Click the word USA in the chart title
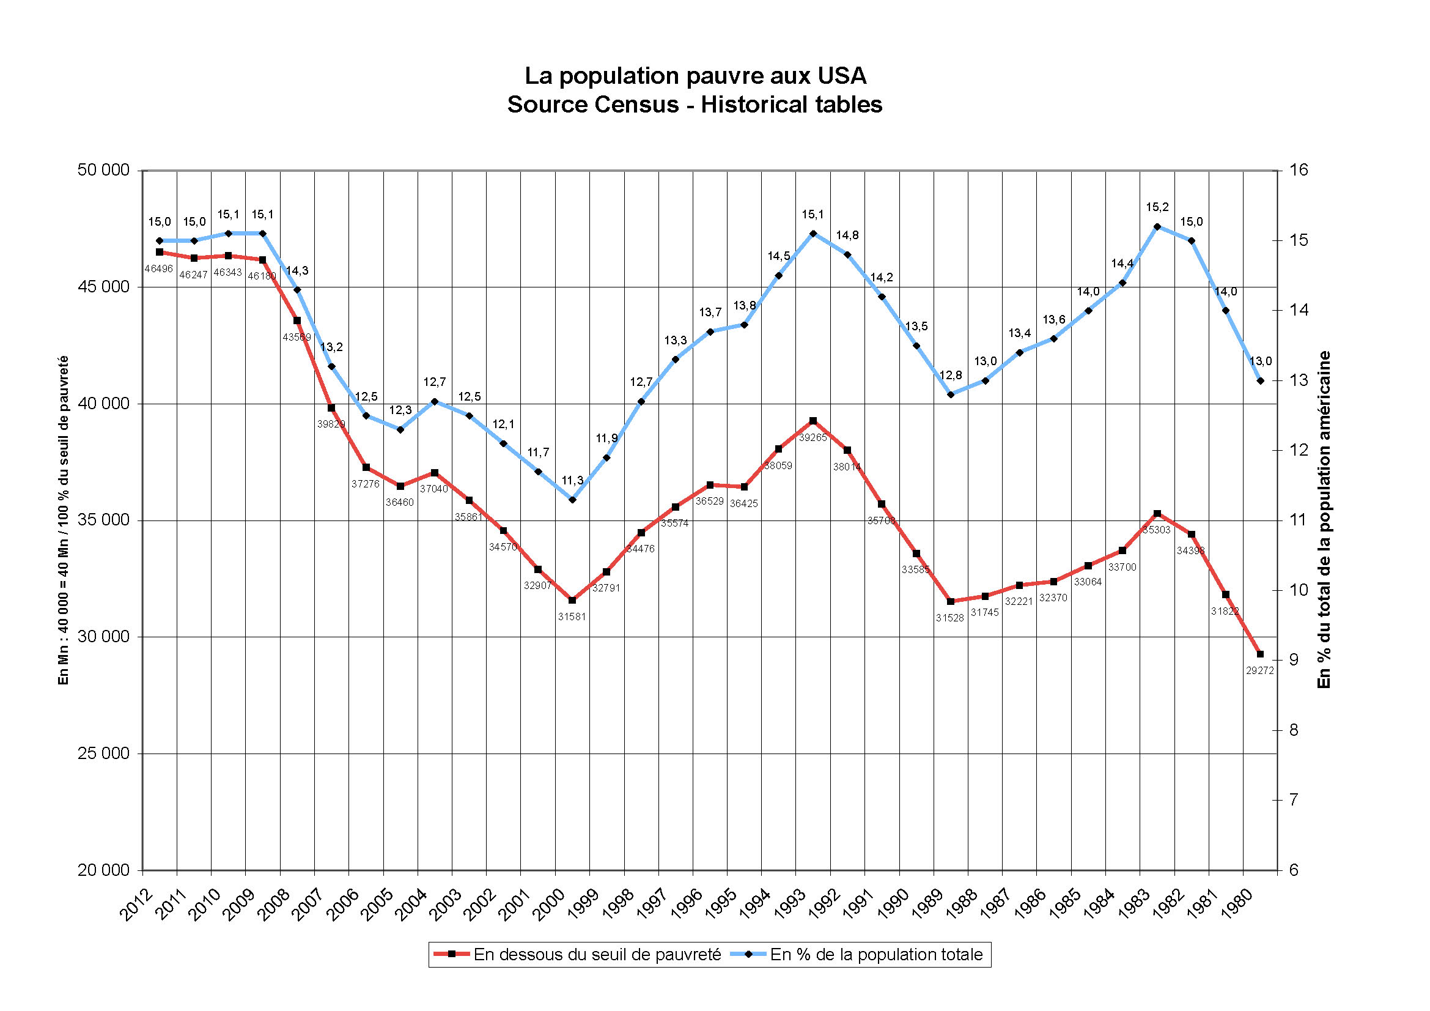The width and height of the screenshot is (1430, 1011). tap(841, 76)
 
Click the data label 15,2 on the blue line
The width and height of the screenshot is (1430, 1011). tap(1157, 207)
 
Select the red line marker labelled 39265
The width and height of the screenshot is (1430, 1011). tap(813, 421)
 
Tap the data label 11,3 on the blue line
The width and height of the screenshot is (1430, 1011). tap(572, 480)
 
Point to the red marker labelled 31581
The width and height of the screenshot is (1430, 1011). tap(572, 600)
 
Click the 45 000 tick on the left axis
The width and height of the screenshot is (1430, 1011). tap(103, 287)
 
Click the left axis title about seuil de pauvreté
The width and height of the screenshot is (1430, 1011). tap(63, 520)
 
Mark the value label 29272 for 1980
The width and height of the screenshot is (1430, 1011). tap(1259, 671)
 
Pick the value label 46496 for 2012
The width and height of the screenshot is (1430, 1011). tap(159, 269)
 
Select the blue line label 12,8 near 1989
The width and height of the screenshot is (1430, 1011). tap(951, 376)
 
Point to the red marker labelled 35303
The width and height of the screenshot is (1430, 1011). tap(1157, 514)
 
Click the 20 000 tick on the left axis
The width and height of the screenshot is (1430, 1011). tap(103, 870)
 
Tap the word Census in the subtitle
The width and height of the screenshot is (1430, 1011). tap(636, 105)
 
